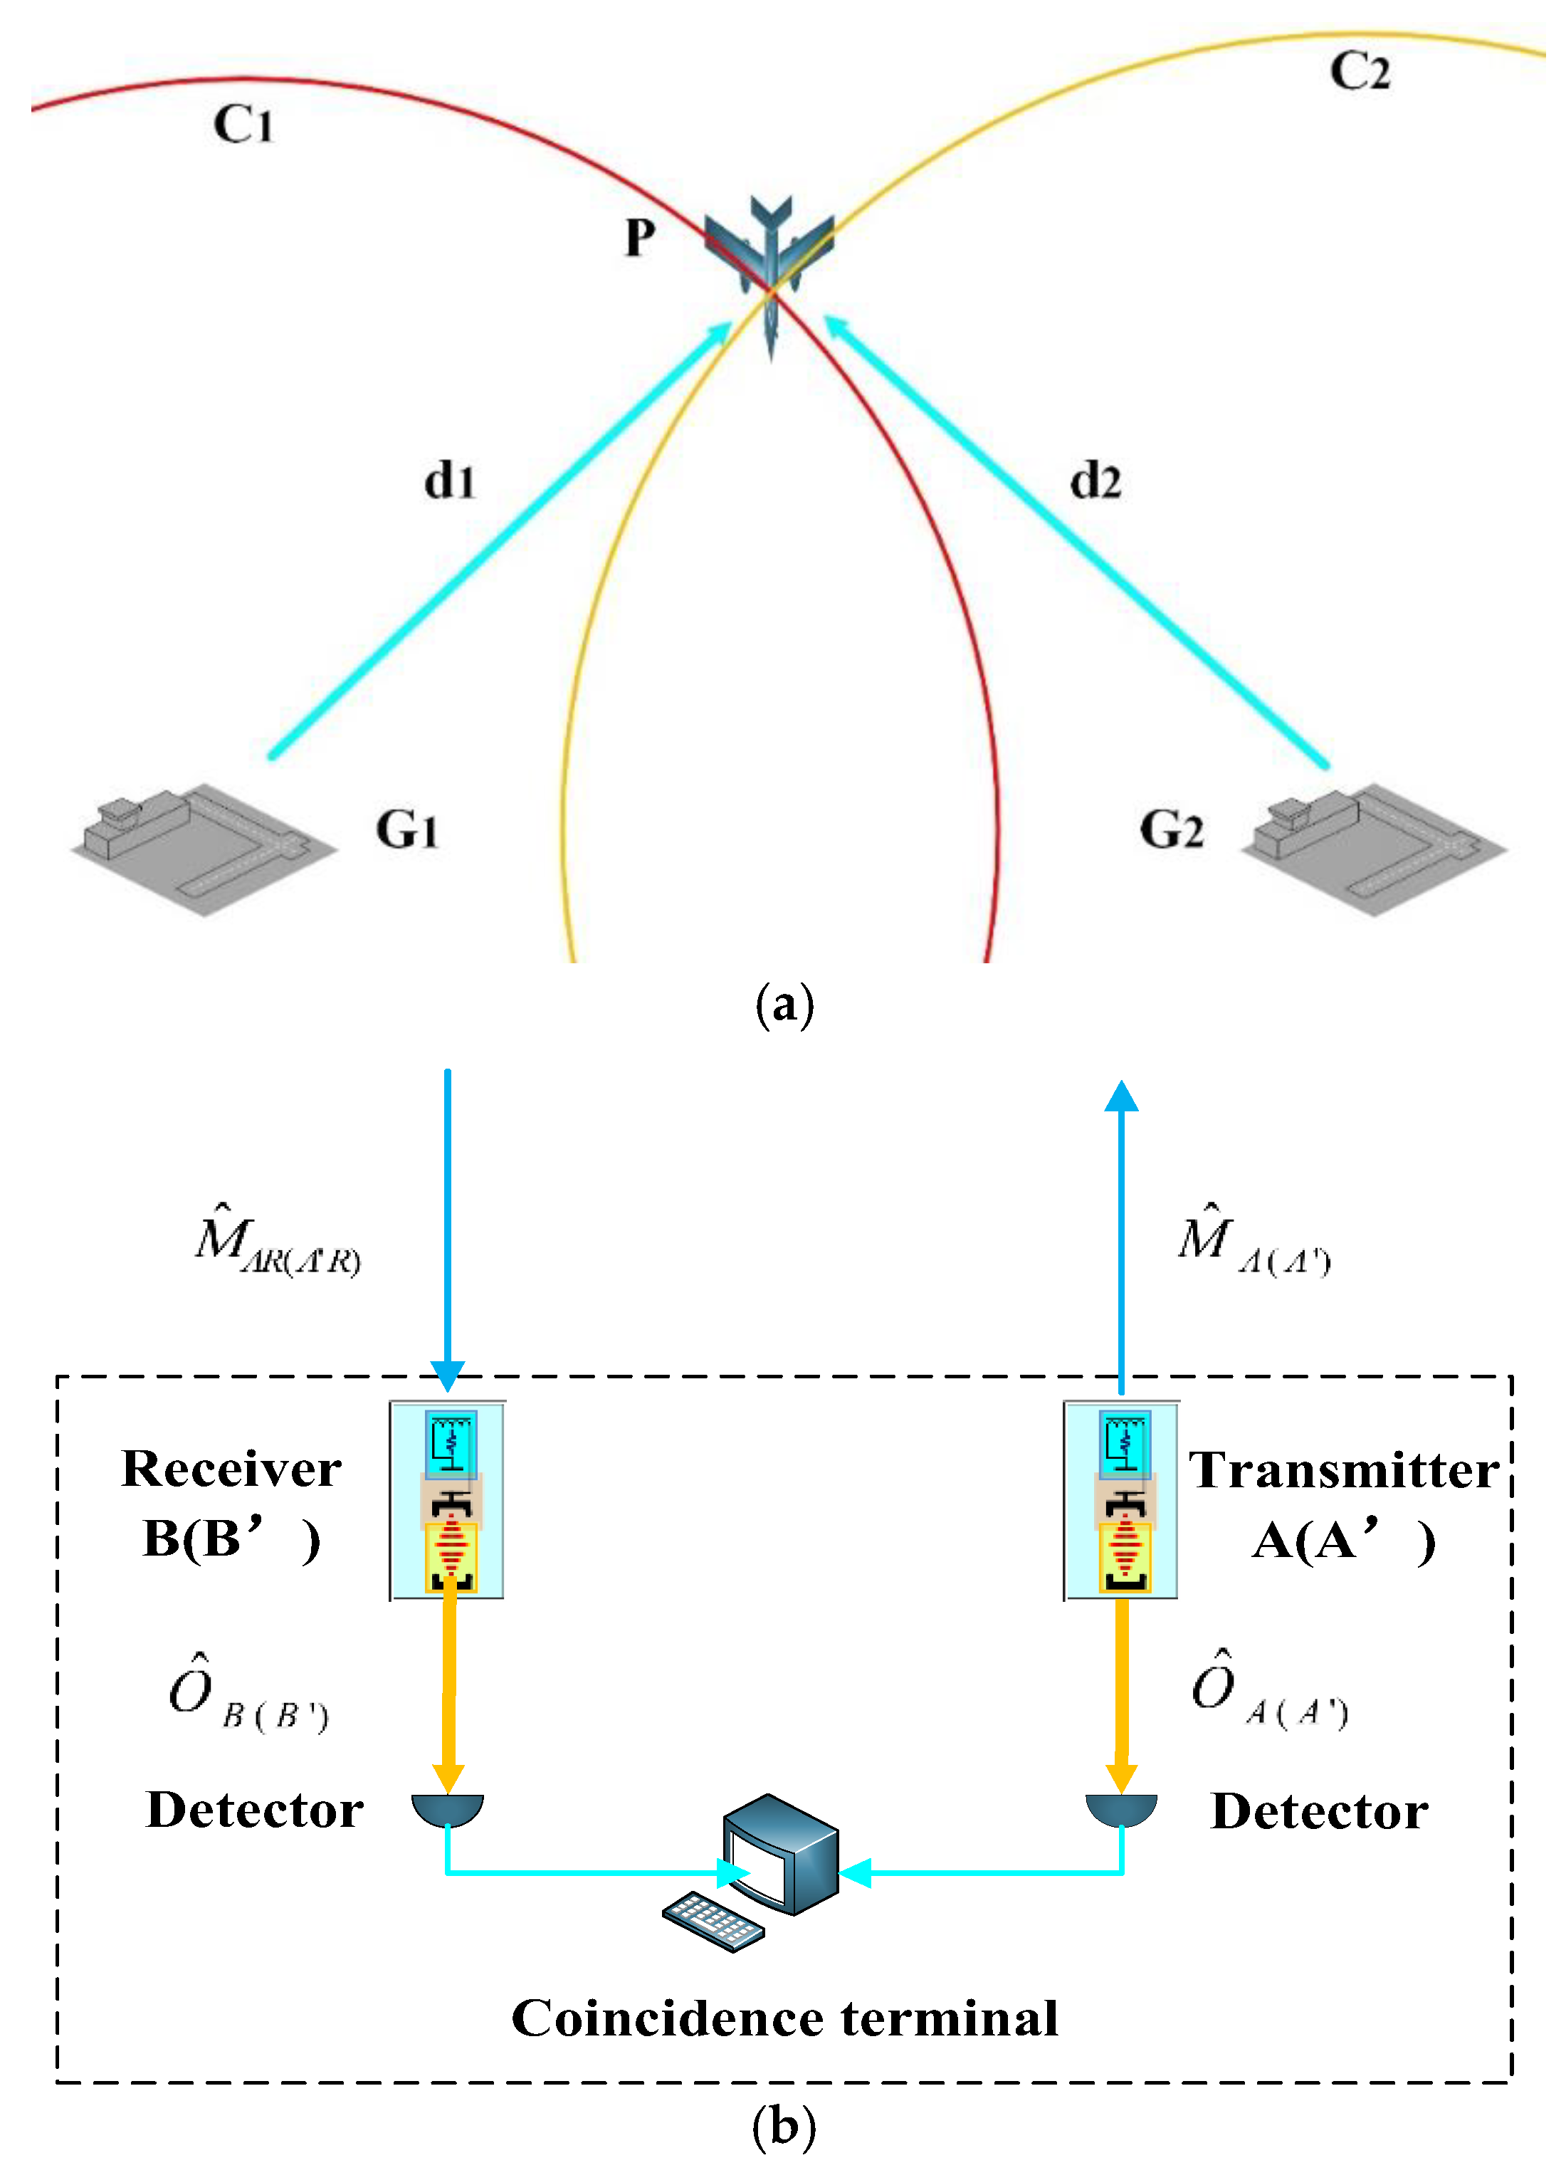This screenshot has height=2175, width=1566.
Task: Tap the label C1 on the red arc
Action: pyautogui.click(x=243, y=125)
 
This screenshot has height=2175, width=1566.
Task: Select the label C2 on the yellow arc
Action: pyautogui.click(x=1359, y=72)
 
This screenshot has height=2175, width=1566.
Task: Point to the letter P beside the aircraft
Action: pyautogui.click(x=640, y=238)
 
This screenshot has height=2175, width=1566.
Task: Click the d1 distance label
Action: pyautogui.click(x=450, y=481)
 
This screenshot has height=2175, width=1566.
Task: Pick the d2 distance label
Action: pyautogui.click(x=1095, y=481)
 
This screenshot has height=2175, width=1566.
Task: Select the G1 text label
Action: pyautogui.click(x=406, y=829)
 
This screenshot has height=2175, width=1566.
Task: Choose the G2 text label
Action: pyautogui.click(x=1171, y=829)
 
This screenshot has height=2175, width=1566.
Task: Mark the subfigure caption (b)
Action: pyautogui.click(x=784, y=2125)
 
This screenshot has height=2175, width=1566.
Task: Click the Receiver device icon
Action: pyautogui.click(x=448, y=1501)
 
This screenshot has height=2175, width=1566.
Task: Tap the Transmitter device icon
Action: pyautogui.click(x=1121, y=1501)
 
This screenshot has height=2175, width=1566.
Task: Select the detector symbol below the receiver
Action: pyautogui.click(x=448, y=1808)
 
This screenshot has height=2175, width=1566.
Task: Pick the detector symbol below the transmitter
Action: pyautogui.click(x=1121, y=1808)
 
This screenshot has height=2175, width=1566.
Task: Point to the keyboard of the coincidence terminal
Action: pyautogui.click(x=713, y=1922)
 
